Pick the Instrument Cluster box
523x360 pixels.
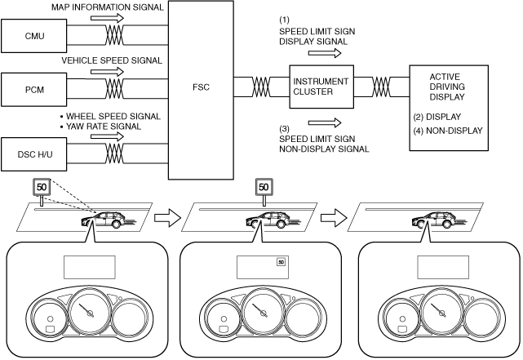(x=321, y=86)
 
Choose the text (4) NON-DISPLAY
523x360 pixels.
(x=449, y=129)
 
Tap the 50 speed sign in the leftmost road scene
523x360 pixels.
(x=41, y=189)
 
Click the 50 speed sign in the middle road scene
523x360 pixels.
(x=263, y=187)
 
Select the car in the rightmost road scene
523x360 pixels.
(x=439, y=220)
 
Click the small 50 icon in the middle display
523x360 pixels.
(x=281, y=262)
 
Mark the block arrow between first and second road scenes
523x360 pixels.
(x=166, y=218)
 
